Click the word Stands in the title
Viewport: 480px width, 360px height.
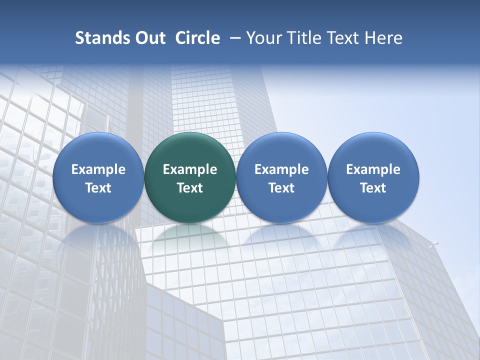(x=98, y=38)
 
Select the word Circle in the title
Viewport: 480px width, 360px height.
(x=197, y=38)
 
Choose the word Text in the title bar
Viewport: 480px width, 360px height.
(x=342, y=38)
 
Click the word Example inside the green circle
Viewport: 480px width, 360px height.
(x=190, y=169)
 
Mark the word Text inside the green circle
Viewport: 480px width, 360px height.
(x=190, y=188)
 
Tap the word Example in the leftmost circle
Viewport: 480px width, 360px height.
(x=98, y=169)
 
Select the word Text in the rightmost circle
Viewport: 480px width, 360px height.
(x=373, y=188)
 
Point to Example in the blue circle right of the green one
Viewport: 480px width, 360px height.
(x=281, y=169)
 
